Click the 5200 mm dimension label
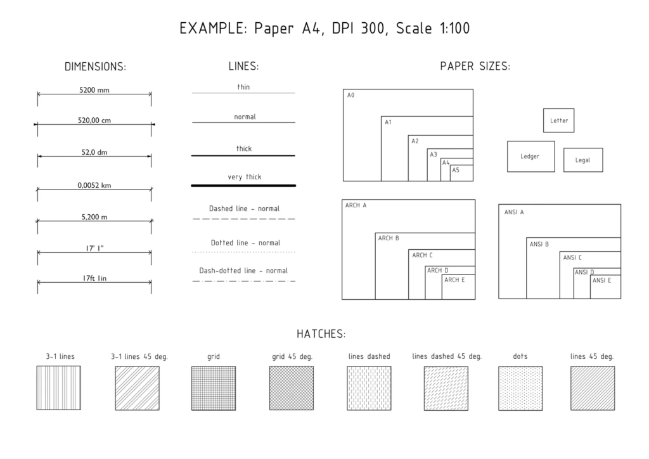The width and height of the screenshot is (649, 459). (94, 90)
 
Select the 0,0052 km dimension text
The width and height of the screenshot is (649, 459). (94, 185)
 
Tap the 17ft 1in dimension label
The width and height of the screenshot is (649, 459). (94, 278)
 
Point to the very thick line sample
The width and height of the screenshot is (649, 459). (243, 186)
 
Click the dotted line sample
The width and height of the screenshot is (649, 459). (244, 252)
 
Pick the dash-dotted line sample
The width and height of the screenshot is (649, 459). (244, 281)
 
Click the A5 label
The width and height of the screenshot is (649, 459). (456, 170)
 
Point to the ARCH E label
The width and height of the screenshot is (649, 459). (454, 280)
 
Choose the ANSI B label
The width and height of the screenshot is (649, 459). (539, 244)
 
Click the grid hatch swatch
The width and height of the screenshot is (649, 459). (214, 388)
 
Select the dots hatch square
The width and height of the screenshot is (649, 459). (520, 388)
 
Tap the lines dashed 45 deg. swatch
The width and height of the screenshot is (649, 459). (446, 388)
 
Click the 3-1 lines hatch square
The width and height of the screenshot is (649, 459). (59, 388)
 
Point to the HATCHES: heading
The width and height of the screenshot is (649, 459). (321, 334)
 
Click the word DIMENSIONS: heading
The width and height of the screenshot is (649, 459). (95, 67)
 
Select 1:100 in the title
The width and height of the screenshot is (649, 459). (454, 28)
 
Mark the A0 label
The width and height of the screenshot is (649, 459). (350, 95)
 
